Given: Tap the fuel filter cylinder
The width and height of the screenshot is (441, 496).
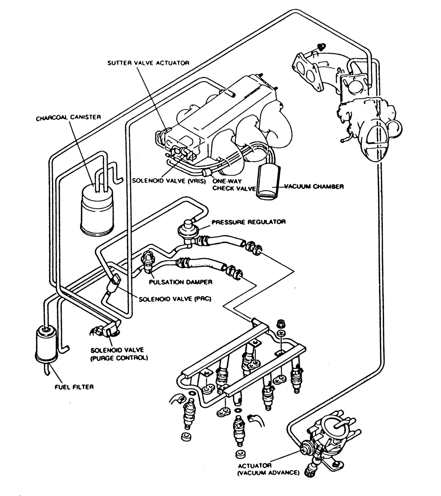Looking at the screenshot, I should (x=46, y=344).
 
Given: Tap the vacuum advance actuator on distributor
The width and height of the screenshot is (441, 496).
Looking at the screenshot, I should (x=306, y=448).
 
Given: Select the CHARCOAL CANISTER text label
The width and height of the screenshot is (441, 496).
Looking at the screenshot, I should (x=68, y=118).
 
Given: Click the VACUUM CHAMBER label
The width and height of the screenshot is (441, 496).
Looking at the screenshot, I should (x=314, y=187).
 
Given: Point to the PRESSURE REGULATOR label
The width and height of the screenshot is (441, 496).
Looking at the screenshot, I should (x=248, y=222).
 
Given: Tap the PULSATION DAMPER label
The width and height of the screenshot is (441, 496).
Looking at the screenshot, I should (x=181, y=282).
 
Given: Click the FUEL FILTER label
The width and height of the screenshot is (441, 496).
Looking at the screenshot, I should (x=74, y=387).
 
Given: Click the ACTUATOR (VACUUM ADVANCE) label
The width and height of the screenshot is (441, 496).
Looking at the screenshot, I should (x=268, y=469).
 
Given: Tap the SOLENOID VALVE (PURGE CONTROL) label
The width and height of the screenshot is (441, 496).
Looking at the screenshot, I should (x=119, y=354).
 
